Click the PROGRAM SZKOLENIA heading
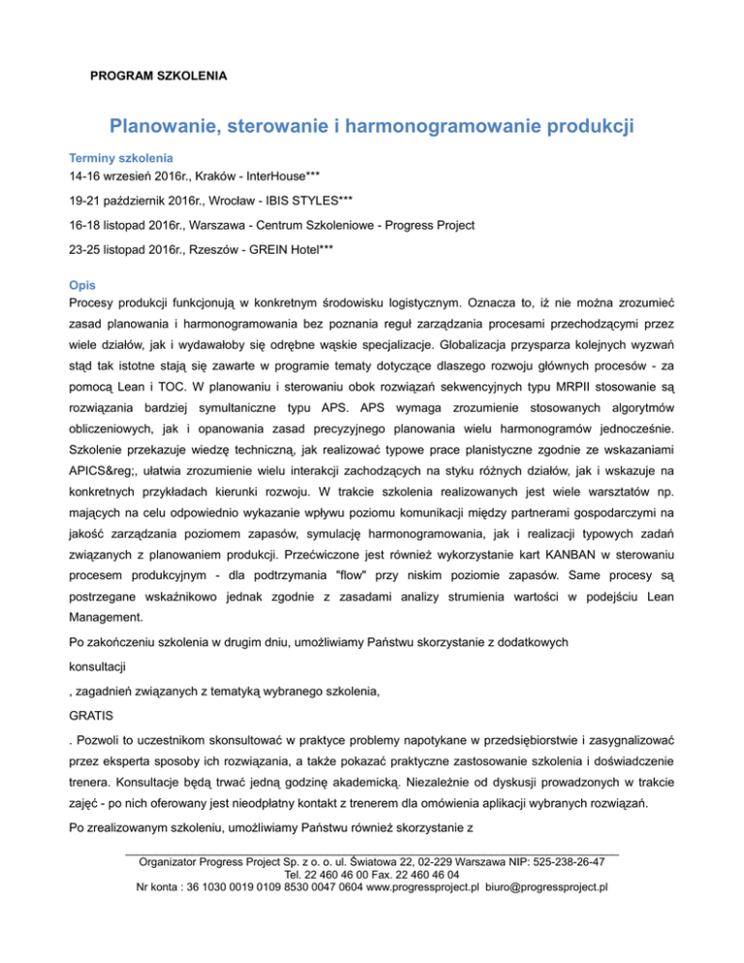point(158,75)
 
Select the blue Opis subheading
point(80,288)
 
